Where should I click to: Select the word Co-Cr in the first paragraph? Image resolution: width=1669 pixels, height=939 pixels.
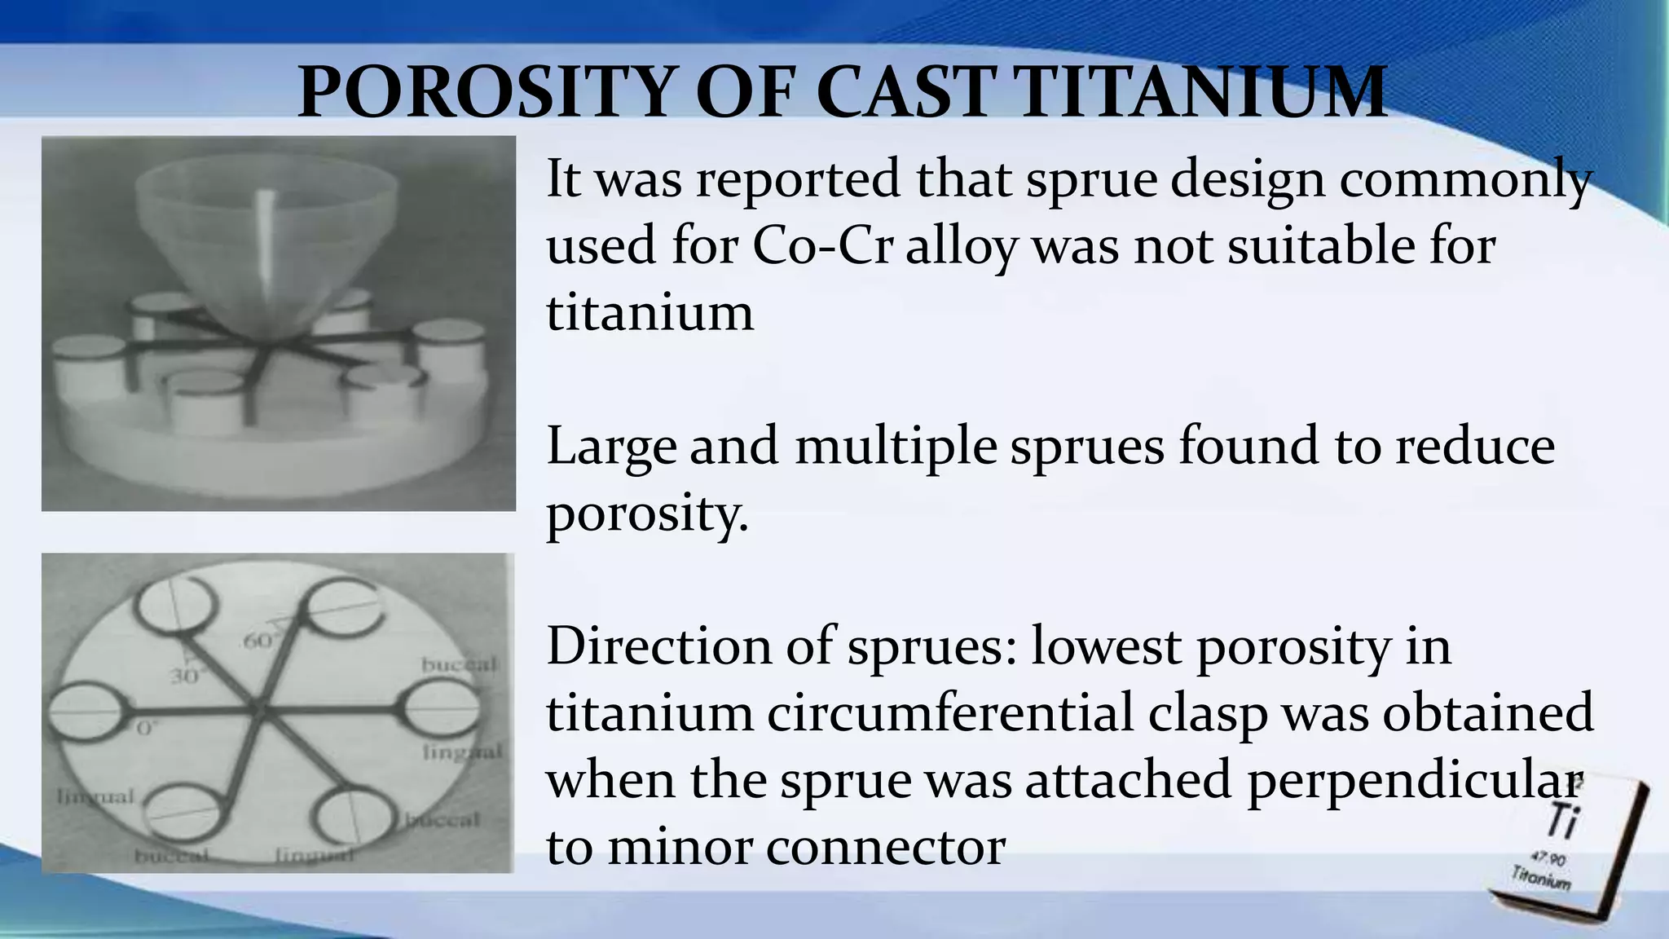822,245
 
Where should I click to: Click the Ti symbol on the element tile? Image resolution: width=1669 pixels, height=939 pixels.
1562,819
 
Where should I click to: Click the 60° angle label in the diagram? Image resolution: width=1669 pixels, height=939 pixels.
259,641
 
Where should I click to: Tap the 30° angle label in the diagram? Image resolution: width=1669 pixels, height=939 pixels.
185,677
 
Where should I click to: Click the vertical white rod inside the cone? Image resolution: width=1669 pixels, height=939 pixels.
266,245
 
